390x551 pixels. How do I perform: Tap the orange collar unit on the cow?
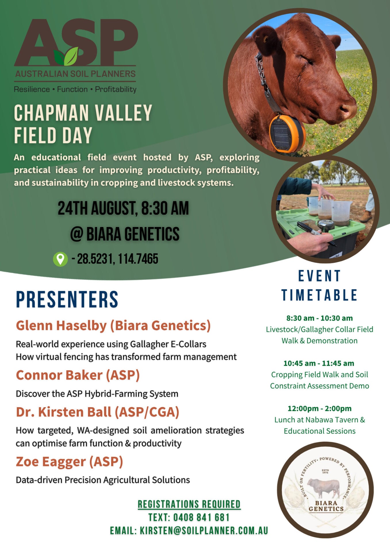(287, 134)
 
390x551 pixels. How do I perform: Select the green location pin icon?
(60, 259)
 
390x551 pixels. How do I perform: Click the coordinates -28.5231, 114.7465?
(115, 259)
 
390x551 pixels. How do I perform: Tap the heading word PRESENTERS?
(67, 299)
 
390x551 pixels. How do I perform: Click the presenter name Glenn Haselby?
(61, 326)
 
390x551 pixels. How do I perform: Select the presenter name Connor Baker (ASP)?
(78, 375)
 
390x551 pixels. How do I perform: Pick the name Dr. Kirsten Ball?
(64, 412)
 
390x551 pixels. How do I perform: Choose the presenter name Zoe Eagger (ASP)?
(69, 462)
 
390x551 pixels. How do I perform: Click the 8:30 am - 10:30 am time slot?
(319, 318)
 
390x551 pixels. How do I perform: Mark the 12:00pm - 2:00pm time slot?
(319, 408)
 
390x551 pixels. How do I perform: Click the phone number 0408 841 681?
(201, 517)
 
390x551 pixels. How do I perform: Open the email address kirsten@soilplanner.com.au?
(204, 531)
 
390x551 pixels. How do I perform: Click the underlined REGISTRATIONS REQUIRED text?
(189, 504)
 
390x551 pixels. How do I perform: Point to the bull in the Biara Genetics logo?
(323, 488)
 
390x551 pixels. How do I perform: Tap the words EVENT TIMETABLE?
(319, 286)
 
